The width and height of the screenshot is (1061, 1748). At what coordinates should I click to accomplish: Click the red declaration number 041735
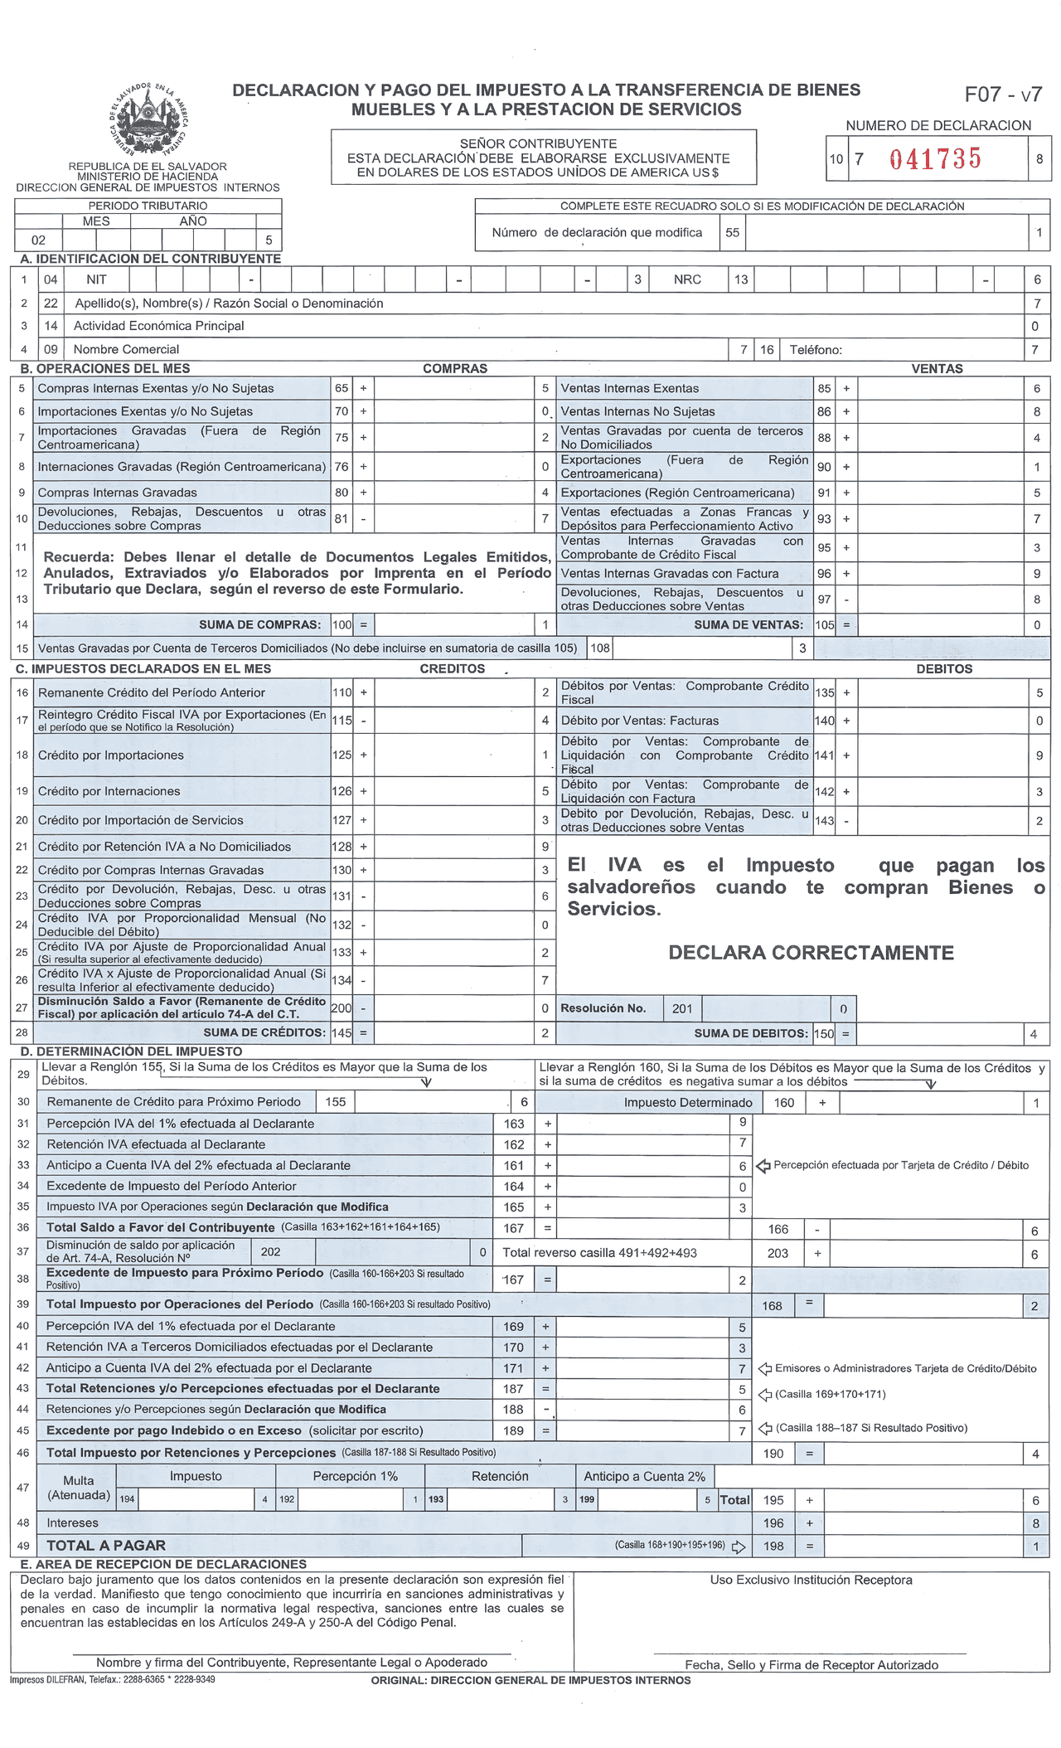click(x=935, y=158)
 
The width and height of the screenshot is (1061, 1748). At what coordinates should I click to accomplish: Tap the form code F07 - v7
click(x=1002, y=95)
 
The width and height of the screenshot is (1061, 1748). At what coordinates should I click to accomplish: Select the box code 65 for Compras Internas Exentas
click(x=342, y=388)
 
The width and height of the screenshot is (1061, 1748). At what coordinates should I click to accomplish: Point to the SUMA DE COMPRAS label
click(x=259, y=624)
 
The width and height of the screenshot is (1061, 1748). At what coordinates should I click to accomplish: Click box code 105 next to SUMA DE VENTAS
click(x=824, y=625)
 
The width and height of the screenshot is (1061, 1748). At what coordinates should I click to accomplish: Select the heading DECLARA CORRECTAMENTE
click(x=811, y=953)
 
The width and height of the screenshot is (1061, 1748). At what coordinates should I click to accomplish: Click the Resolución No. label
click(x=603, y=1008)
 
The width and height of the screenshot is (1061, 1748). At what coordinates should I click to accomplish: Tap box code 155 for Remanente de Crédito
click(x=335, y=1102)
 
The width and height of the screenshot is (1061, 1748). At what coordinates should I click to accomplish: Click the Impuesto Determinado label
click(x=688, y=1103)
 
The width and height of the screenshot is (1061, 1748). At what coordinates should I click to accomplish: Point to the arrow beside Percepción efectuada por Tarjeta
click(x=763, y=1166)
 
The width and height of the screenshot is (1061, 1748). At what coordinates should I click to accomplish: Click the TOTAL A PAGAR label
click(x=106, y=1546)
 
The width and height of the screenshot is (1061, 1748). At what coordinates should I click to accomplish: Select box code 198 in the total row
click(x=773, y=1546)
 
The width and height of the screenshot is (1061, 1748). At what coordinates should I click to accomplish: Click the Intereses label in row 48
click(x=73, y=1522)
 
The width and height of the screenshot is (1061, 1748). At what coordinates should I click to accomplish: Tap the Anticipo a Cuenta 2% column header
click(x=644, y=1476)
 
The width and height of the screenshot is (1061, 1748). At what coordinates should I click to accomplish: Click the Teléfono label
click(x=816, y=350)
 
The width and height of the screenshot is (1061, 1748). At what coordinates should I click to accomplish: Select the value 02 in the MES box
click(x=38, y=240)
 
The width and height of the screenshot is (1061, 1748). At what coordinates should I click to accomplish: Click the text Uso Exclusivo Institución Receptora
click(x=811, y=1580)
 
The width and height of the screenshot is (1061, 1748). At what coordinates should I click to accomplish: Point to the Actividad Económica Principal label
click(x=158, y=326)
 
